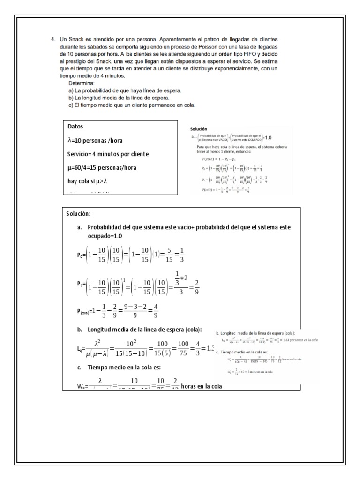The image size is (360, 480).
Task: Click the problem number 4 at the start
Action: point(52,40)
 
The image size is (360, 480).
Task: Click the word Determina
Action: point(82,83)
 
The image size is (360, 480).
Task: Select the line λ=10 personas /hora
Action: point(96,140)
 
